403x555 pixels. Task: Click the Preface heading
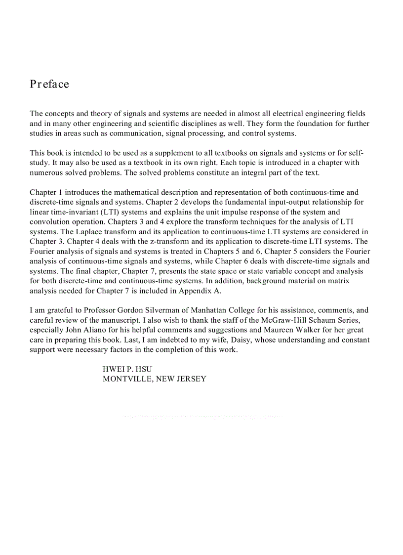(49, 84)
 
